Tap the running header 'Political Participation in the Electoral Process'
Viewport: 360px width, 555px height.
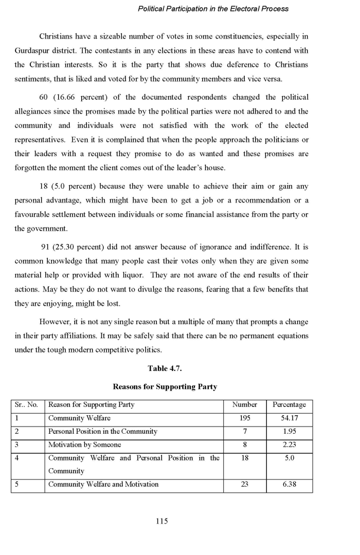(x=213, y=9)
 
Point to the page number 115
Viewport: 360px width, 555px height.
(x=161, y=521)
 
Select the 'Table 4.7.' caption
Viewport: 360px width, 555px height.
(x=165, y=368)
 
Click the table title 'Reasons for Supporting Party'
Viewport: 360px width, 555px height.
(x=165, y=386)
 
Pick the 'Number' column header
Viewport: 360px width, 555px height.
(x=245, y=405)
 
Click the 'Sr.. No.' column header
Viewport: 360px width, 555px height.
(x=27, y=405)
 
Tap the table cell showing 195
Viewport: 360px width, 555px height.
(x=245, y=418)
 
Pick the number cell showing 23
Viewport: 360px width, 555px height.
(x=245, y=484)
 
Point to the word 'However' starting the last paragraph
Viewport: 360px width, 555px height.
(x=55, y=322)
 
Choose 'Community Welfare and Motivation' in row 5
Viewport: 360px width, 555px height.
(x=103, y=484)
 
